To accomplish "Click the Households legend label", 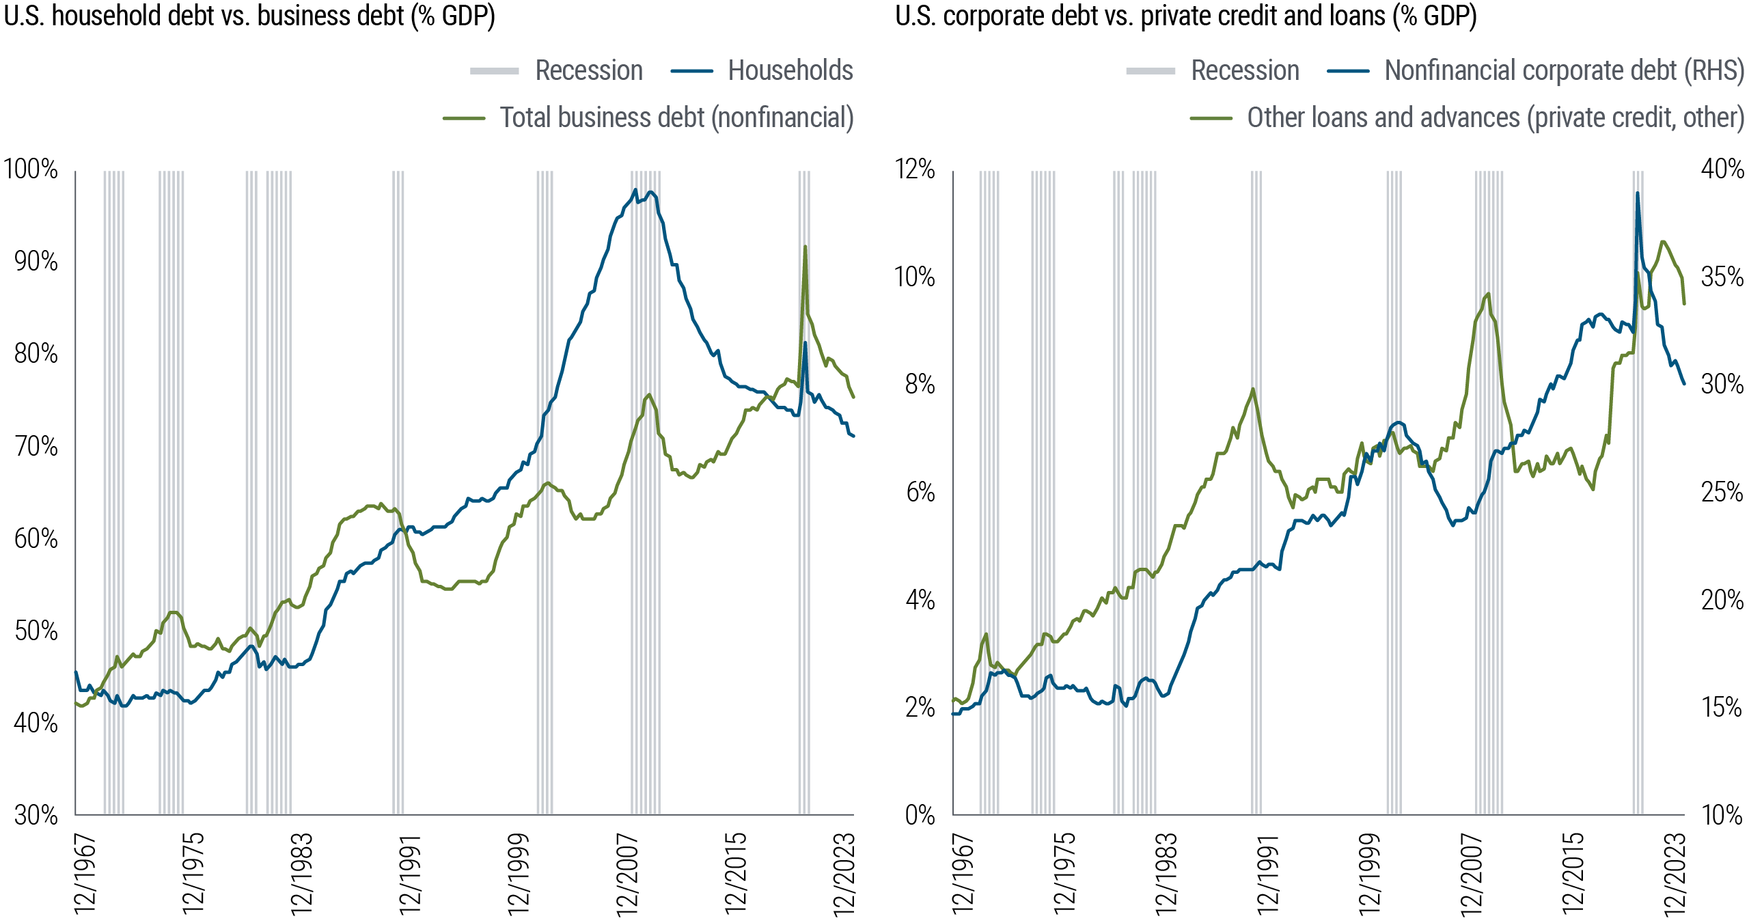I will (790, 70).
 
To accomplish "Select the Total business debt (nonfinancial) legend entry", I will (676, 118).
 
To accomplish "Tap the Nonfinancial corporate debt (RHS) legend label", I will (1564, 70).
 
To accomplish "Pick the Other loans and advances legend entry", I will (1495, 118).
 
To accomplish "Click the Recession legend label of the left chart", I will (588, 70).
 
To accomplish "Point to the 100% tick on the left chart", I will (31, 169).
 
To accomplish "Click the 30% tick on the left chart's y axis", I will (36, 814).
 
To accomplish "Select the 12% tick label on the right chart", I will (915, 169).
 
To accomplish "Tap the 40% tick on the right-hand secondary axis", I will (1722, 169).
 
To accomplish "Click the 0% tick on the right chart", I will (920, 814).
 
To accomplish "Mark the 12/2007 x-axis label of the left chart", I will (627, 874).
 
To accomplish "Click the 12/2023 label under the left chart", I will (844, 874).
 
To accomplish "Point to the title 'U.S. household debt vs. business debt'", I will (249, 15).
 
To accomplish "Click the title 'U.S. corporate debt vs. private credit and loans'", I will (1185, 15).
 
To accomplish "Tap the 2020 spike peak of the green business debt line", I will (805, 247).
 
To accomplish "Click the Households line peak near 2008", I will (635, 190).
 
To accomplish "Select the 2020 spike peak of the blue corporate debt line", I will (1638, 193).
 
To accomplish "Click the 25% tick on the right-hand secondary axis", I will (1722, 492).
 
